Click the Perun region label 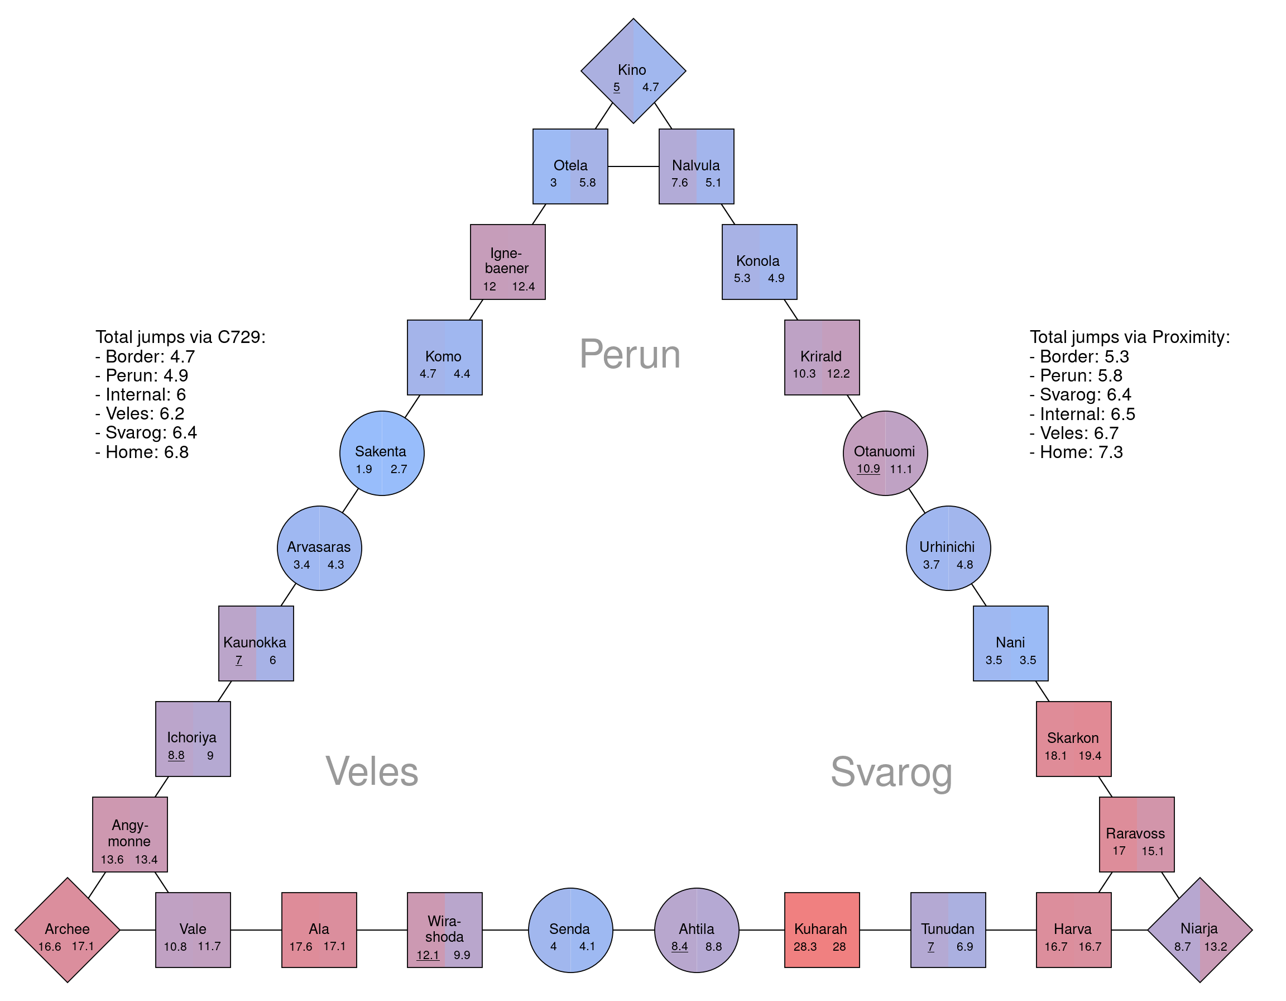[630, 355]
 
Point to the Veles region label [372, 771]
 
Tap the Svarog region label [891, 772]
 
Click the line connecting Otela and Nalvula [633, 166]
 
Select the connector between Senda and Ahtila [634, 930]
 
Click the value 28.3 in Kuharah [805, 947]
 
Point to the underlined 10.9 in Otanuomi [868, 469]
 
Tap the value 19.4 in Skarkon [1090, 756]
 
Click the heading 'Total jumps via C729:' [180, 337]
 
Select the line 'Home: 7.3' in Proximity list [1076, 452]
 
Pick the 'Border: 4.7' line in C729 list [145, 356]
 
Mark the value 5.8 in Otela [587, 183]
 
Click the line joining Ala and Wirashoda [382, 930]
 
